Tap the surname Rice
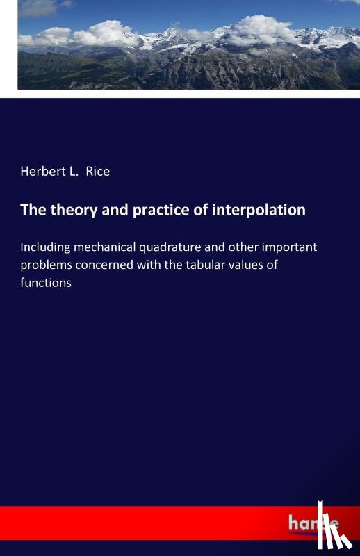[x=98, y=171]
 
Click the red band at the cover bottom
[x=139, y=523]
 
